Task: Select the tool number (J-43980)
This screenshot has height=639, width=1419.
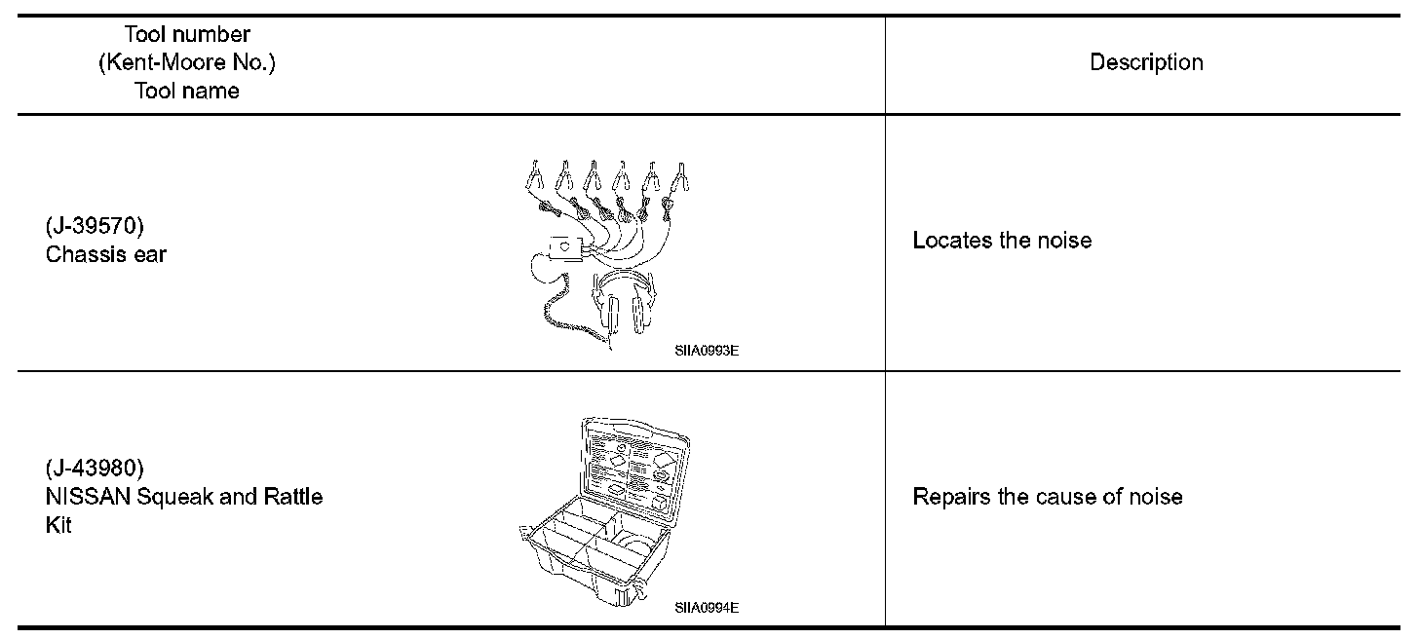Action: (95, 468)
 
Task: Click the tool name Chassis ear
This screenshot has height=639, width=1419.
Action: (106, 253)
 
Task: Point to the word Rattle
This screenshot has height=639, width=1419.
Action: (293, 497)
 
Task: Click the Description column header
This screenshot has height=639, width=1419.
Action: (1146, 62)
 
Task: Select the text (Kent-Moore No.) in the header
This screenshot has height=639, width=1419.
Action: (187, 62)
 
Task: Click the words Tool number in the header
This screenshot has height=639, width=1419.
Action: (187, 35)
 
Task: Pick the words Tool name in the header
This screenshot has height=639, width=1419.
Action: (187, 91)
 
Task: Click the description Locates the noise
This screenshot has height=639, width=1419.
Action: (1002, 240)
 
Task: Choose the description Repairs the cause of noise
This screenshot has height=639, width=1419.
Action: (1048, 497)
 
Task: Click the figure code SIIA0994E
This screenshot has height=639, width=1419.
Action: (706, 608)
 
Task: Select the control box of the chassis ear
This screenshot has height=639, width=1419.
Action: (566, 249)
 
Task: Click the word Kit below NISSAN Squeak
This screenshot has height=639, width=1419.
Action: (58, 525)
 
